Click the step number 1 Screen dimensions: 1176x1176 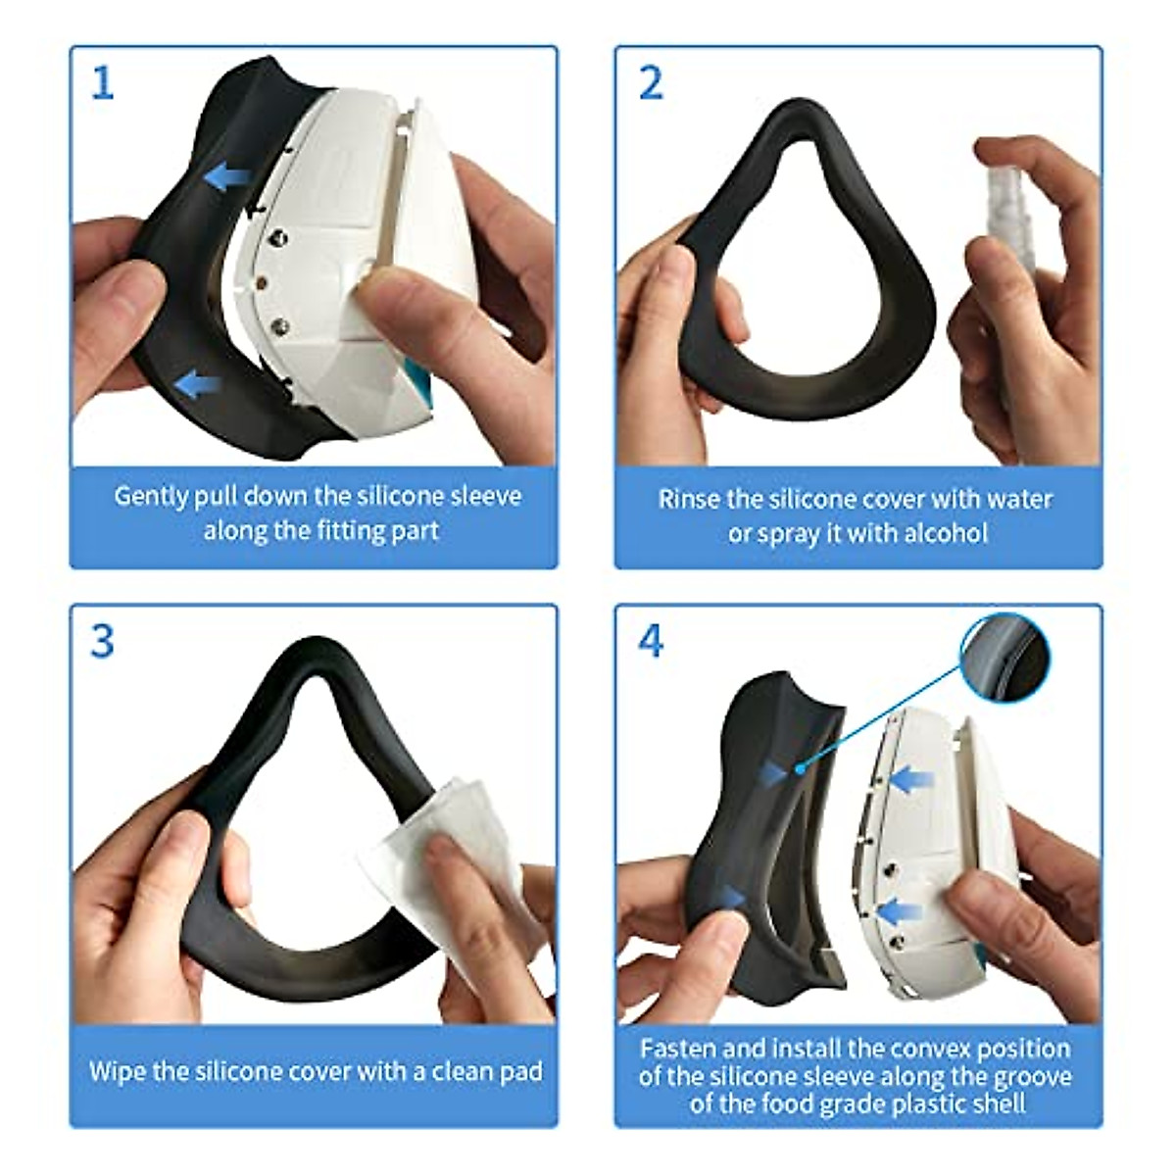click(102, 82)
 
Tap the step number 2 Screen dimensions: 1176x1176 click(651, 82)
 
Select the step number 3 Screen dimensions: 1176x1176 click(102, 641)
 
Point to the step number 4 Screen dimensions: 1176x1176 click(651, 641)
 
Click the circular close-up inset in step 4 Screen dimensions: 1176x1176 click(1005, 658)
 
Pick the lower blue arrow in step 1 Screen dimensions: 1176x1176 click(197, 383)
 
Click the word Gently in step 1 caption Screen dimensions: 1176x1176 click(150, 496)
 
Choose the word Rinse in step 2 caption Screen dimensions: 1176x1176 click(688, 499)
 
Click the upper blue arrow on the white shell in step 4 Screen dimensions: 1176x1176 click(912, 781)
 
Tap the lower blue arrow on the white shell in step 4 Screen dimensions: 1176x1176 click(900, 911)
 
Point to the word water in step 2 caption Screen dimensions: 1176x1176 click(1020, 499)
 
